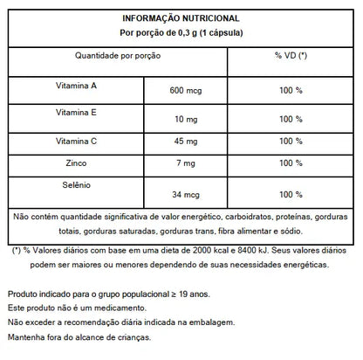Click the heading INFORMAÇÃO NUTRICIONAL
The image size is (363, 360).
[x=181, y=17]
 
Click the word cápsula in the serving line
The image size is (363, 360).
[x=219, y=31]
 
